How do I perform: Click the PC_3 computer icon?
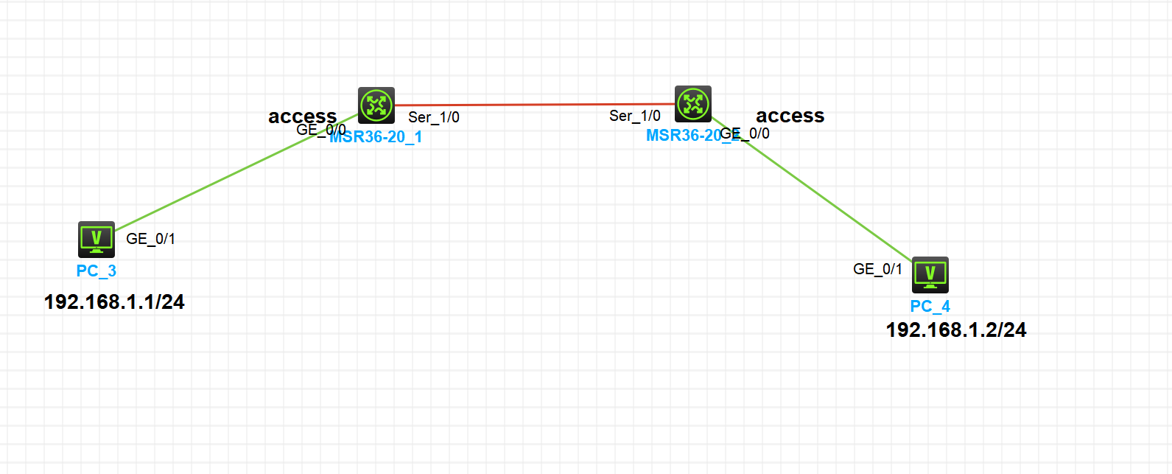point(97,239)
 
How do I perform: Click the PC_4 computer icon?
point(930,274)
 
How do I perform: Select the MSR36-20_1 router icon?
point(376,105)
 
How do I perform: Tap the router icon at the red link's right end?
point(693,104)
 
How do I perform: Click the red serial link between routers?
point(534,105)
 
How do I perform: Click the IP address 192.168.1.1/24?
point(114,302)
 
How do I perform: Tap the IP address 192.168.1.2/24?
point(956,330)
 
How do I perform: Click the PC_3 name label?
point(97,271)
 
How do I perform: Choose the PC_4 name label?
point(930,306)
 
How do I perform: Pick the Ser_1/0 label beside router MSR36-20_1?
point(434,117)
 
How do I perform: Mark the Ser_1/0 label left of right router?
point(635,116)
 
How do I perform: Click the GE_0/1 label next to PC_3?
point(151,239)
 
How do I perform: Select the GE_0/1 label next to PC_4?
point(878,269)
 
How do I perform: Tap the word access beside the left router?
point(303,116)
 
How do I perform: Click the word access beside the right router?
point(790,116)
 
